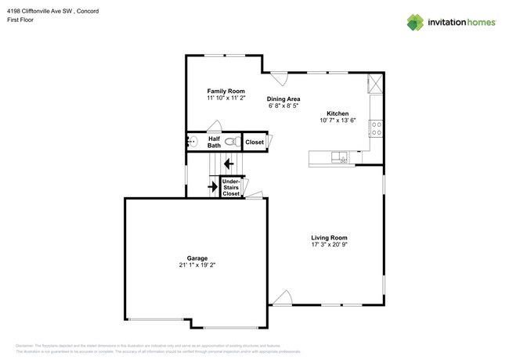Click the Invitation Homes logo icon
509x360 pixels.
[x=415, y=23]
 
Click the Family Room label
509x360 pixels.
[x=226, y=92]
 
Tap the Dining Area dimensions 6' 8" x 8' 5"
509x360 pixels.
[x=283, y=106]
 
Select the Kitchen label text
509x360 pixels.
[x=338, y=113]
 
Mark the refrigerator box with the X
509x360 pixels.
[x=375, y=83]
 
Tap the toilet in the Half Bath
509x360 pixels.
[x=232, y=142]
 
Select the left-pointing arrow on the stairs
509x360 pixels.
[x=228, y=164]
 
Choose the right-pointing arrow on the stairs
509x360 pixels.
[x=211, y=187]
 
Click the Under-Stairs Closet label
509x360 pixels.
[x=231, y=187]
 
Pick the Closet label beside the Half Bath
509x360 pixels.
[x=254, y=142]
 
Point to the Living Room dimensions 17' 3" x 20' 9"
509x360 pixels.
[x=329, y=245]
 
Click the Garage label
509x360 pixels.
[x=197, y=258]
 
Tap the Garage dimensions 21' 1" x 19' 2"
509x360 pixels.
[x=197, y=265]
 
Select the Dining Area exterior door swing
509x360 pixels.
[x=279, y=78]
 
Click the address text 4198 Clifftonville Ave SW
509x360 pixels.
[x=52, y=8]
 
